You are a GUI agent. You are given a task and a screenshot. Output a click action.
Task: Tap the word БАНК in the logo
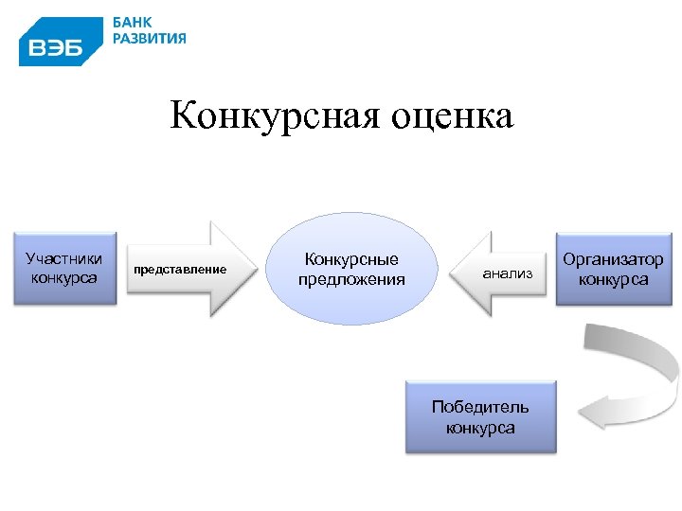click(x=134, y=22)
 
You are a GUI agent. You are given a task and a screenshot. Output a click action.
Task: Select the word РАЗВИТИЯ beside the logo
click(x=150, y=39)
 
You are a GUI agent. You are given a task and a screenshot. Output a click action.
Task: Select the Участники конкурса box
click(x=64, y=267)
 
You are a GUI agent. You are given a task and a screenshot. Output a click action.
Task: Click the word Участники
click(x=64, y=258)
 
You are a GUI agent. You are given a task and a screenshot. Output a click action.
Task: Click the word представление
click(x=180, y=270)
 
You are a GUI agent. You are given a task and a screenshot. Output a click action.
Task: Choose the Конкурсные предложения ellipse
click(x=351, y=269)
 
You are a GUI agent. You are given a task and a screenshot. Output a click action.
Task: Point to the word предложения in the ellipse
click(x=351, y=279)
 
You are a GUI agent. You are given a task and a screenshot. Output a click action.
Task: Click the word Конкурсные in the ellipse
click(x=351, y=259)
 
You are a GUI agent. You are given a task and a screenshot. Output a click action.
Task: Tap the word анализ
click(x=508, y=273)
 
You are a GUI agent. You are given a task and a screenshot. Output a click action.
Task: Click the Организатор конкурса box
click(x=613, y=269)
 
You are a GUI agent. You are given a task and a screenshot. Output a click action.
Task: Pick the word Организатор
click(x=613, y=259)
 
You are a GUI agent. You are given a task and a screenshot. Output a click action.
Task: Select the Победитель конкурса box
click(x=480, y=417)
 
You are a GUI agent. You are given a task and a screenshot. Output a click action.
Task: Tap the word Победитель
click(x=480, y=408)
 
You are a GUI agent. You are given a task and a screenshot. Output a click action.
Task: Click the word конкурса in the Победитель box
click(x=480, y=428)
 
